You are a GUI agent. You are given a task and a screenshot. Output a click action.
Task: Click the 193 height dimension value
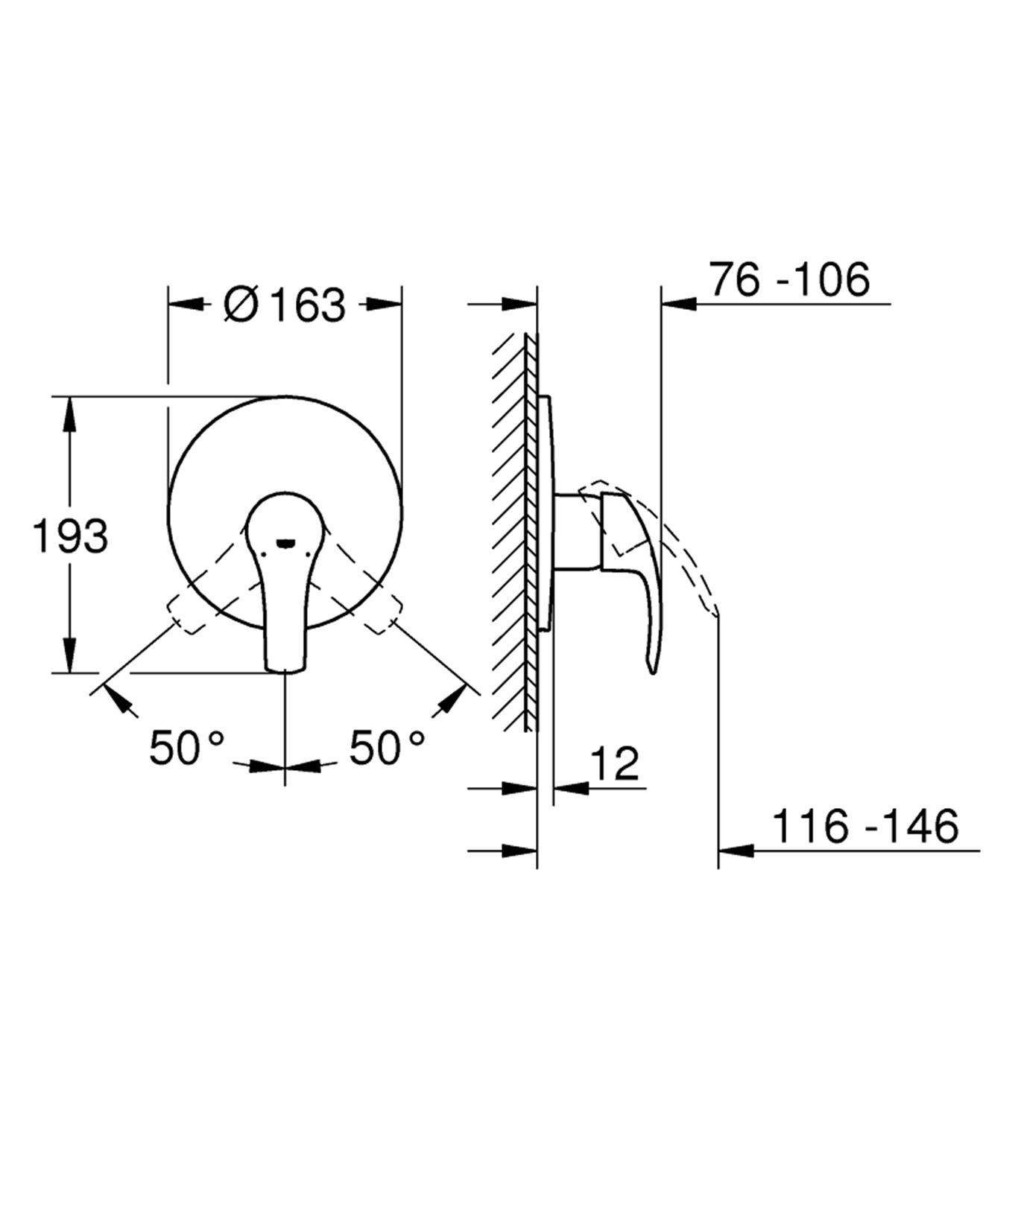coord(71,536)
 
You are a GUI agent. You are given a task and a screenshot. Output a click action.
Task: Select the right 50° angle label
coord(388,748)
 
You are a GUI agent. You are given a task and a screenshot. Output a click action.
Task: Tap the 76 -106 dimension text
coord(789,280)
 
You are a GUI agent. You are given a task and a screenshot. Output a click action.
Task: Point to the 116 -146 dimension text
coord(864,826)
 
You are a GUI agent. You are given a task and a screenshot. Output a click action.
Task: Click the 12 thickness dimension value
coord(615,763)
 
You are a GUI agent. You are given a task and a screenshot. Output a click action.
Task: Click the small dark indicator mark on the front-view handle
coord(285,543)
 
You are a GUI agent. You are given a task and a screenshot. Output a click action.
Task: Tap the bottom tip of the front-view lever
coord(285,668)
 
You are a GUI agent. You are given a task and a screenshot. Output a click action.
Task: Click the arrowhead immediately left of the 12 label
coord(571,787)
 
